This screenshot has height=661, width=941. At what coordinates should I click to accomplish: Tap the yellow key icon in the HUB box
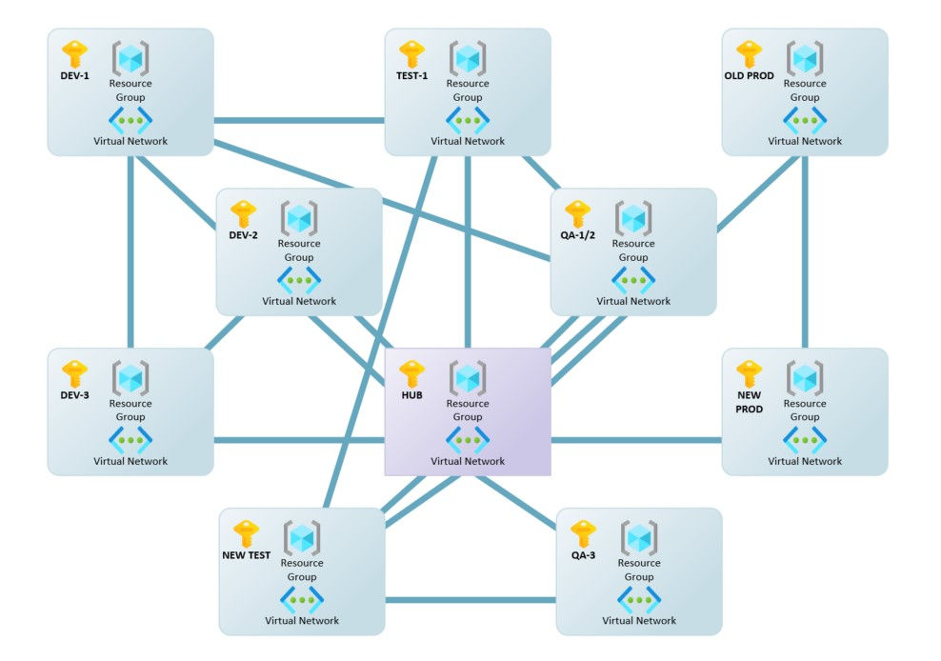pyautogui.click(x=411, y=372)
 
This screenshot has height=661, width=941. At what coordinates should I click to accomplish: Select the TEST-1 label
pyautogui.click(x=411, y=76)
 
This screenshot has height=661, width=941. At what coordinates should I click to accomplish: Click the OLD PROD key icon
pyautogui.click(x=749, y=53)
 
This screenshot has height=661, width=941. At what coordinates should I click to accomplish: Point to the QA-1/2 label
pyautogui.click(x=579, y=236)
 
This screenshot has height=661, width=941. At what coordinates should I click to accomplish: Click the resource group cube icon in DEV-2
pyautogui.click(x=299, y=219)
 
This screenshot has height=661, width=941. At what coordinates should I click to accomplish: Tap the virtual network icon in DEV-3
pyautogui.click(x=130, y=440)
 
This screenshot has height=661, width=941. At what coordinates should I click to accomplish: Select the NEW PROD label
pyautogui.click(x=749, y=403)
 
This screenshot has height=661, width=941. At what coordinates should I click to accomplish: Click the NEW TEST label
pyautogui.click(x=246, y=556)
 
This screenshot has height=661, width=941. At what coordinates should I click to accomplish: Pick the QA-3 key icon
pyautogui.click(x=583, y=533)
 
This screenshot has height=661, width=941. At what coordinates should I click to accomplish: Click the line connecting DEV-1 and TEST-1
pyautogui.click(x=298, y=121)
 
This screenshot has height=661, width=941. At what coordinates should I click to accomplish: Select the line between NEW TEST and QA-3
pyautogui.click(x=470, y=600)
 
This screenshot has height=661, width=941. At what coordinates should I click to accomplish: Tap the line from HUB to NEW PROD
pyautogui.click(x=636, y=440)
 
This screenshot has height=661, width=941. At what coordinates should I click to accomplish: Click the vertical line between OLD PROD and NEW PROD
pyautogui.click(x=805, y=251)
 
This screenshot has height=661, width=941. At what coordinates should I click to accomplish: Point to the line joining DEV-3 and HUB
pyautogui.click(x=298, y=440)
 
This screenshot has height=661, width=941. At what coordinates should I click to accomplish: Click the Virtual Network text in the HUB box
pyautogui.click(x=468, y=461)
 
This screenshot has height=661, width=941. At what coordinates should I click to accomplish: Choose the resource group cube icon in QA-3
pyautogui.click(x=638, y=539)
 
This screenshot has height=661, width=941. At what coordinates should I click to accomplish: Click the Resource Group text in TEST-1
pyautogui.click(x=468, y=90)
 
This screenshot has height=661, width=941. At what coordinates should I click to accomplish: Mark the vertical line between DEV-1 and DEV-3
pyautogui.click(x=130, y=251)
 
